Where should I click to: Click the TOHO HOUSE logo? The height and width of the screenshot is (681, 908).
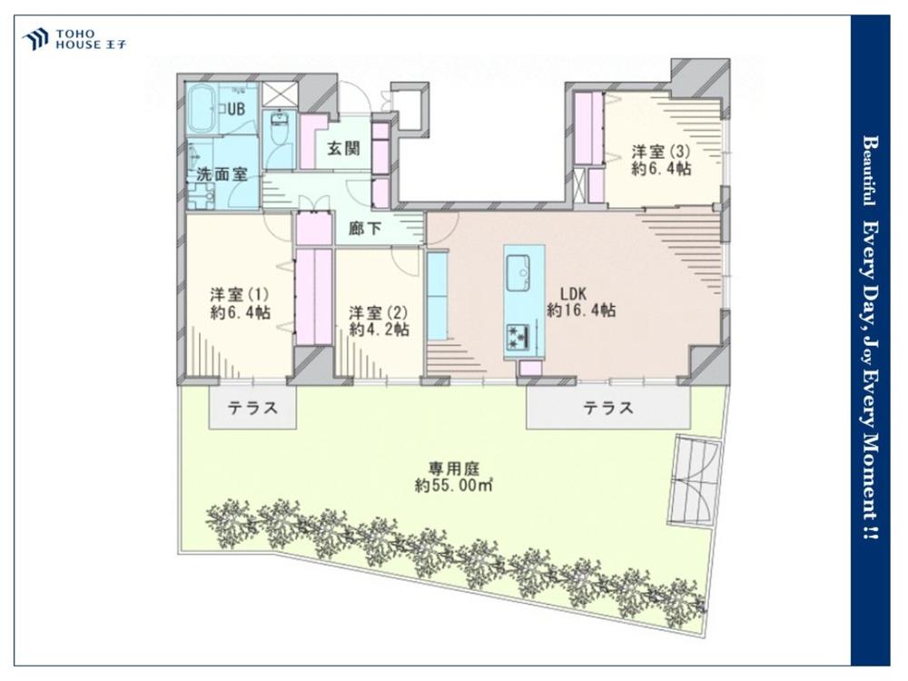click(x=74, y=39)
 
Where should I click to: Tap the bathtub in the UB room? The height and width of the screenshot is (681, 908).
click(x=203, y=109)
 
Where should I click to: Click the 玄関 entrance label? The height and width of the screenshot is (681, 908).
click(x=344, y=148)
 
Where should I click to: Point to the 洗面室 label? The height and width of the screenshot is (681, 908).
click(x=222, y=173)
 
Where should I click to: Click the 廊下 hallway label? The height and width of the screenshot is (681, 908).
click(x=365, y=229)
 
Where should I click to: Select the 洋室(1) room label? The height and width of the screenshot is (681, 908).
click(x=239, y=294)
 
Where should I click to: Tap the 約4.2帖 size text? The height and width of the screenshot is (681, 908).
click(x=380, y=330)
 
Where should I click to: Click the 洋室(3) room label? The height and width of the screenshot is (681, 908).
click(x=661, y=152)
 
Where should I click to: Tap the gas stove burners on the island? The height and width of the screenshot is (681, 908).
click(x=518, y=337)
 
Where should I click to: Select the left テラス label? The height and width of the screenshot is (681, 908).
click(x=252, y=409)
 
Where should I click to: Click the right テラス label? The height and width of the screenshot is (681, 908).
click(x=608, y=409)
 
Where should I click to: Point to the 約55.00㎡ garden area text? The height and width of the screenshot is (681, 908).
click(x=453, y=486)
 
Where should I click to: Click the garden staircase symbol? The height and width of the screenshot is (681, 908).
click(x=695, y=480)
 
